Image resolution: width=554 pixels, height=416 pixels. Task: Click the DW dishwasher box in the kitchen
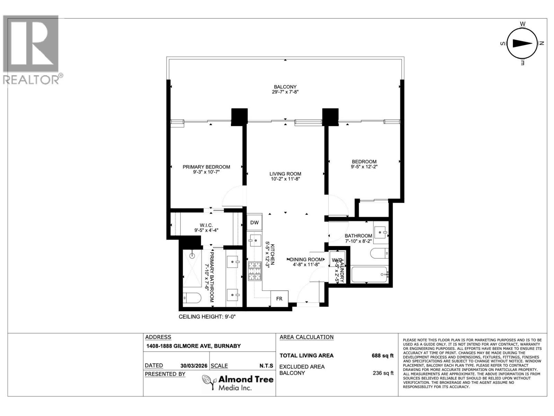(x=254, y=223)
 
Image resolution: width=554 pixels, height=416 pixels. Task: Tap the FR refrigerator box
(x=279, y=298)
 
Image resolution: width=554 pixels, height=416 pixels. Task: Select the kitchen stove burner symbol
(x=254, y=271)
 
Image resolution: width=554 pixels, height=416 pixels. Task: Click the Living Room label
(x=285, y=174)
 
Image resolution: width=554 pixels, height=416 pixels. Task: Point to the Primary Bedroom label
(x=206, y=167)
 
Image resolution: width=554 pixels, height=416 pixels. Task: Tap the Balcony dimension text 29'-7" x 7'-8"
(x=285, y=92)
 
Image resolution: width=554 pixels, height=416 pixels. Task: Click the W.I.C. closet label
(x=206, y=225)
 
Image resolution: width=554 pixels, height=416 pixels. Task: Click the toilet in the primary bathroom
(x=192, y=298)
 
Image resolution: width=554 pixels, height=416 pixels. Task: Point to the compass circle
(x=522, y=43)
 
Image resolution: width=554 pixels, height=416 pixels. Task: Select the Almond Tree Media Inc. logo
(x=238, y=383)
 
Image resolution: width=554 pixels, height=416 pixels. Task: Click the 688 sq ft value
(x=382, y=355)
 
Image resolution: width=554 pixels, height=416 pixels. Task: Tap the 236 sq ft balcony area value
(x=382, y=373)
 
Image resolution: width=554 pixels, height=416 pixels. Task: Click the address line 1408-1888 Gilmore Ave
(x=193, y=346)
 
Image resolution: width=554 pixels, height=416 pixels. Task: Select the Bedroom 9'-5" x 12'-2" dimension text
(x=364, y=167)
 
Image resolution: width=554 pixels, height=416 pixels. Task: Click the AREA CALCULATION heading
(x=306, y=337)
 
